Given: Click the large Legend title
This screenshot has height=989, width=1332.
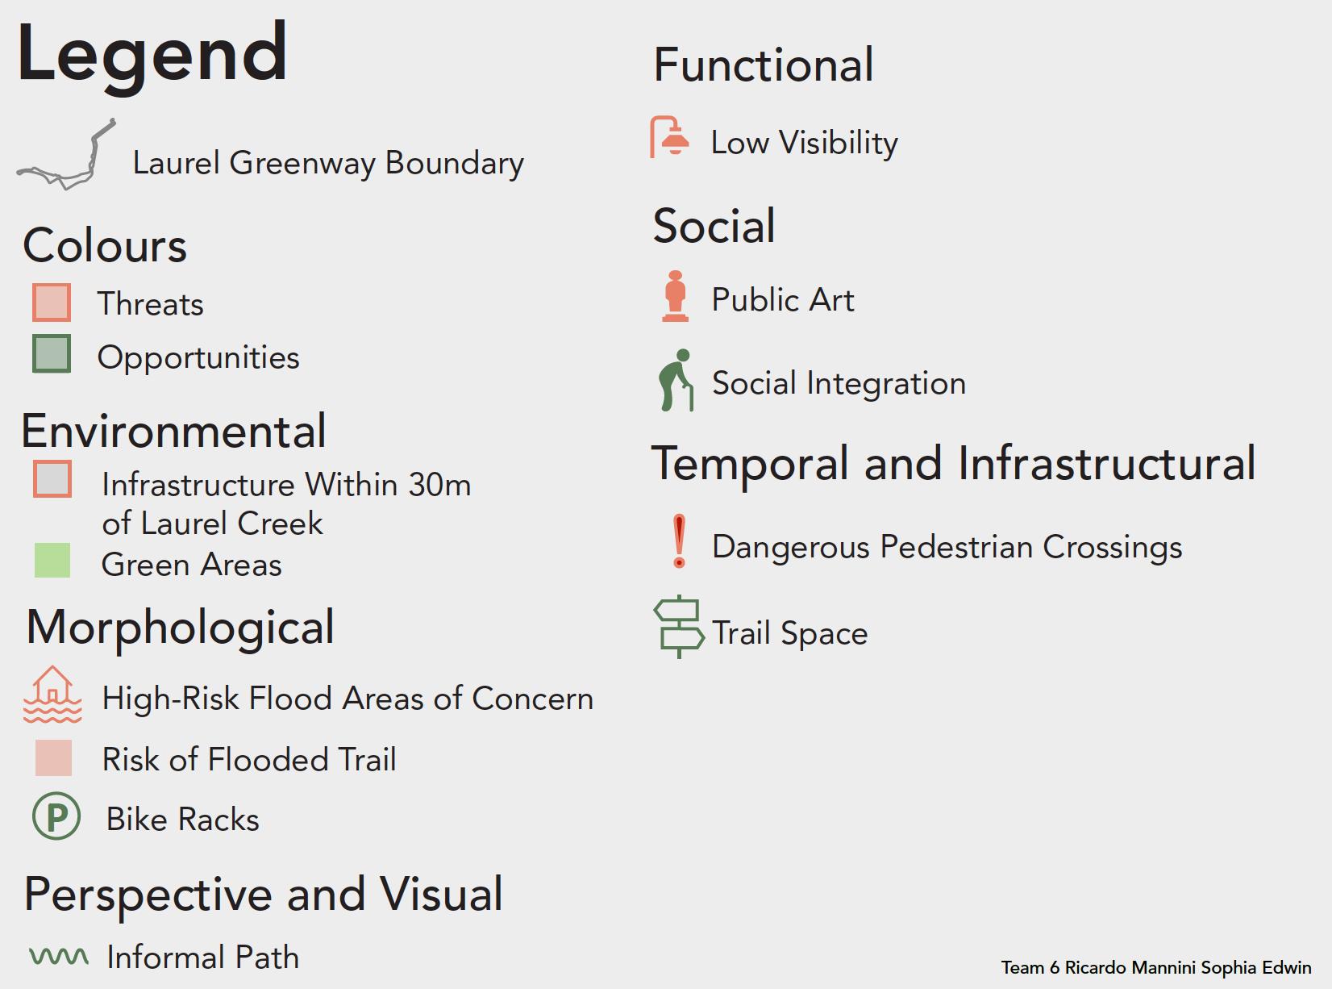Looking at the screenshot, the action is pos(152,56).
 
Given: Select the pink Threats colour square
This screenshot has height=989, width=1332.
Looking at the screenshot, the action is pos(52,303).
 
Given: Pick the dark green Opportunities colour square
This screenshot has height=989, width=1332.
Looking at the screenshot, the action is pos(52,353).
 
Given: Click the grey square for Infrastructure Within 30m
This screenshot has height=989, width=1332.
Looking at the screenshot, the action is pos(52,479).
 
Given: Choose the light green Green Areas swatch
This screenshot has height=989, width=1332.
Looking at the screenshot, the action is pos(52,560).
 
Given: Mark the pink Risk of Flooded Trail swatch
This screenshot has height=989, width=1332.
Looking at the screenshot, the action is pos(53,757).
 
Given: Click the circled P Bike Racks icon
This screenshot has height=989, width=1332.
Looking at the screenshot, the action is pos(56,816).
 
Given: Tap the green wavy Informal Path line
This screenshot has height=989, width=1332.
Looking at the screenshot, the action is pos(59,956).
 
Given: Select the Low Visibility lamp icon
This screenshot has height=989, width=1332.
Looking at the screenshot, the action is pos(669,137).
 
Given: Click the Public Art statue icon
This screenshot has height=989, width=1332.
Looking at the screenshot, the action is pos(676,296).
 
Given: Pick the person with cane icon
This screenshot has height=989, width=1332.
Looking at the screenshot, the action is pos(676,380).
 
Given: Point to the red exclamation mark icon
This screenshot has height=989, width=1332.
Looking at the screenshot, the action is pos(679,540).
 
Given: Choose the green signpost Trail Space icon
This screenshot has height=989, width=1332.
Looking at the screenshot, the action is pos(679,627).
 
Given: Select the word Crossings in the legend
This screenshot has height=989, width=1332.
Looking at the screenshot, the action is pos(1112,548).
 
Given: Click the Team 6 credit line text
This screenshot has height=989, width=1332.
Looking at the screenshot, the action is pos(1156,967).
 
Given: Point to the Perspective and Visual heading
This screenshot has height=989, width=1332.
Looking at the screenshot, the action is pos(263,895).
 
